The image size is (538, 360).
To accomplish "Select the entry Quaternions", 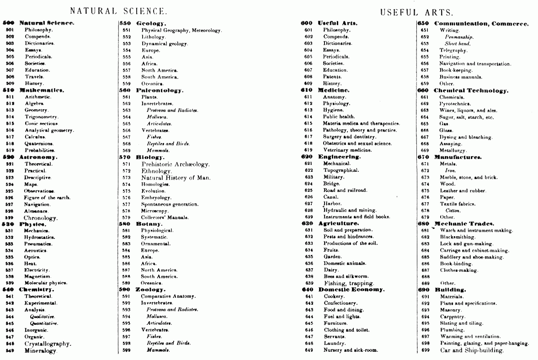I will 39,143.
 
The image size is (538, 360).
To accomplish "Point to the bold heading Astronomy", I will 38,157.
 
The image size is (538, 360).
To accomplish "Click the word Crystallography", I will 48,344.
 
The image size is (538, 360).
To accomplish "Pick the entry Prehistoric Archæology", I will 175,164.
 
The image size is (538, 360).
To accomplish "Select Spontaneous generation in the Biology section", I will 170,204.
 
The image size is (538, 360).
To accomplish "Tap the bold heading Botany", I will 149,224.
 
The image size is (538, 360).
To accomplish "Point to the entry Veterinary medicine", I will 347,150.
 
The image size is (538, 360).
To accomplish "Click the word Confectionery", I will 340,303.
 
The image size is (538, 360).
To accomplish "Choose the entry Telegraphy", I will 453,50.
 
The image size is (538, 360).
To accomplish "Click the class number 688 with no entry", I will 426,276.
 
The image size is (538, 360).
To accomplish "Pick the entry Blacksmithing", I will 458,237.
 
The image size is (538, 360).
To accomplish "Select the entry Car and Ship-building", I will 471,350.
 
